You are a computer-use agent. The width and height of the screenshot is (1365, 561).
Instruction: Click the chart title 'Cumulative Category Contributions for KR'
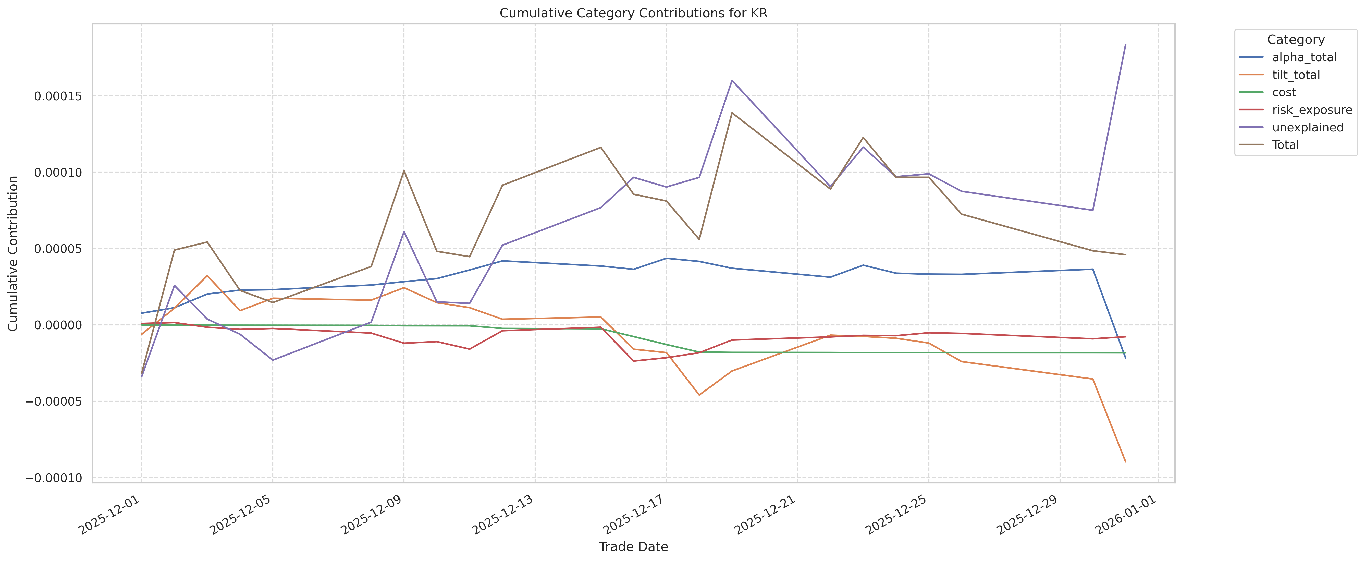(x=633, y=13)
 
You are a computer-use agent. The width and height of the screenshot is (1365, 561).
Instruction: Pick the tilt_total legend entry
(x=1296, y=75)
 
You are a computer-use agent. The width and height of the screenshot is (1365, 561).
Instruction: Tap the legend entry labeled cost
(x=1284, y=92)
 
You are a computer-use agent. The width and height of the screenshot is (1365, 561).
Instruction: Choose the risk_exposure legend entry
(x=1311, y=110)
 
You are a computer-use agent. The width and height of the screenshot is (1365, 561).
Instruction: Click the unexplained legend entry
(x=1307, y=127)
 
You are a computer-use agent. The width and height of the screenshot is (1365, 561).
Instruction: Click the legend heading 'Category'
(x=1296, y=40)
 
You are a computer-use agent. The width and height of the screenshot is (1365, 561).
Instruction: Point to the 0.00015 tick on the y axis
(x=58, y=96)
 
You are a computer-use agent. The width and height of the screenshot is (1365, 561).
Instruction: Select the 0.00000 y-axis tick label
(x=58, y=325)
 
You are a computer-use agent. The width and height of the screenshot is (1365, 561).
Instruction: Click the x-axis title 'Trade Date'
(x=633, y=547)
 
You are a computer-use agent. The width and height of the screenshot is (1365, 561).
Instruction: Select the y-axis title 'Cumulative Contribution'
(x=13, y=253)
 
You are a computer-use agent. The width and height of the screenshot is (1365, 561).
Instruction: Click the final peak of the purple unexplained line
(x=1125, y=44)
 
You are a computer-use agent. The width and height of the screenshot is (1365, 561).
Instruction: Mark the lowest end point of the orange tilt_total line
(x=1125, y=462)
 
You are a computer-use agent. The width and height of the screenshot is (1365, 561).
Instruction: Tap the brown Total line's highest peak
(x=732, y=113)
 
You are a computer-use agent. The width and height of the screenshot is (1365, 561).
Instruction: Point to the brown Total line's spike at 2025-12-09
(x=404, y=170)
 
